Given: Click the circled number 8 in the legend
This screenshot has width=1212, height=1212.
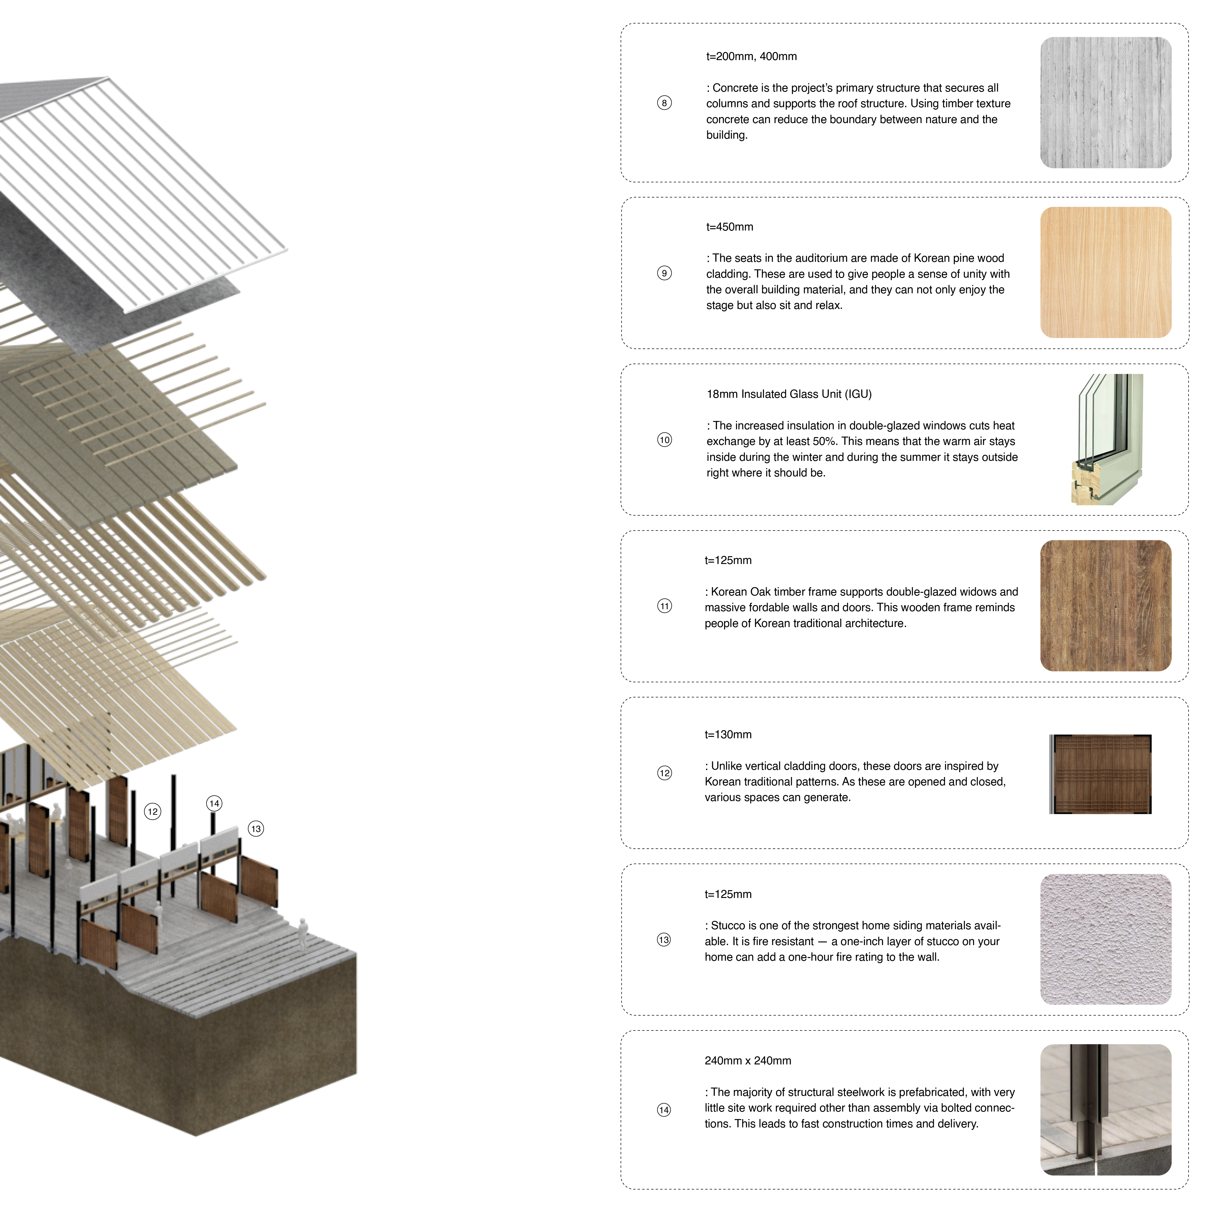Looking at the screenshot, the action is point(664,103).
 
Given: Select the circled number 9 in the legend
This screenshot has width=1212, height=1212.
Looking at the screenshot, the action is point(664,273).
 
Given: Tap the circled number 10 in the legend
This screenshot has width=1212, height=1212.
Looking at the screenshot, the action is point(664,440).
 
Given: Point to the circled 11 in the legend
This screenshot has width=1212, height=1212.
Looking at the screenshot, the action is point(664,606).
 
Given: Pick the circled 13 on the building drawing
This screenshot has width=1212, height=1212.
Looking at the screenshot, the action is point(256,829).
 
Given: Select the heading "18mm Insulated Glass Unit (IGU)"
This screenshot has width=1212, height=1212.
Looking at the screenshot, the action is point(789,394).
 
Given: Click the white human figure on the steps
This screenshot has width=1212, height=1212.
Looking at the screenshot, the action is point(304,934).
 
